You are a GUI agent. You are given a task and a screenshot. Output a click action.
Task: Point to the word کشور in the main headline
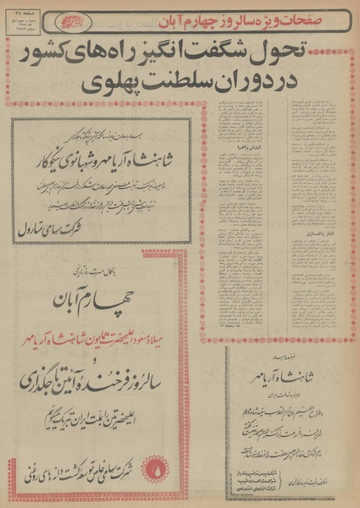[60, 57]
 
